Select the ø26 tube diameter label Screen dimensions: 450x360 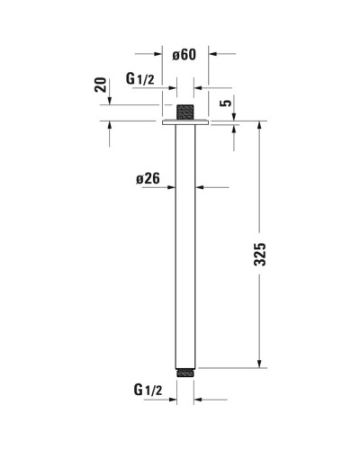[x=148, y=179]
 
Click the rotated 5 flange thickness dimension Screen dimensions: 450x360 [x=228, y=103]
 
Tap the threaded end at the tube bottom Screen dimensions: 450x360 [x=185, y=369]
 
